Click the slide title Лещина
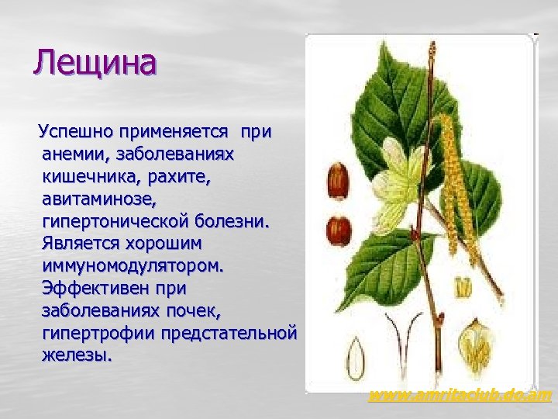click(x=95, y=62)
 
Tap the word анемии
click(x=77, y=153)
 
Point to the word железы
click(x=77, y=356)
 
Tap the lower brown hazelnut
click(x=339, y=228)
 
